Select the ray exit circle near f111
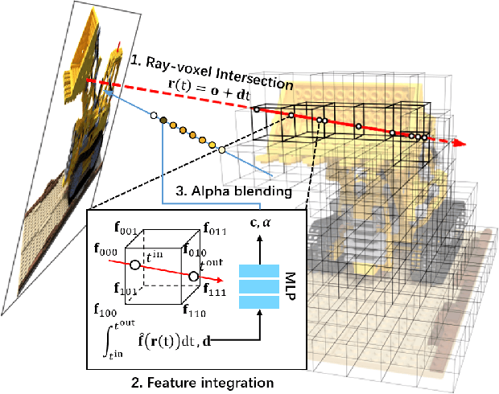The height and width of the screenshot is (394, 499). pyautogui.click(x=193, y=277)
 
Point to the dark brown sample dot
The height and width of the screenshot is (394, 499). pyautogui.click(x=163, y=121)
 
